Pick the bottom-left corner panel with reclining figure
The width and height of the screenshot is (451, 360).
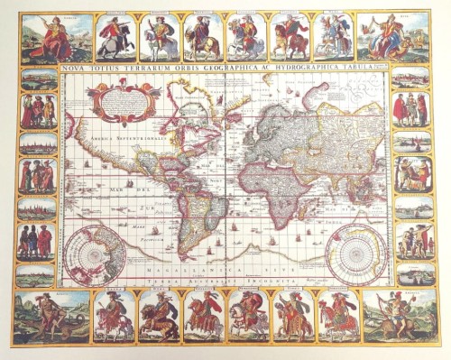[x=51, y=317]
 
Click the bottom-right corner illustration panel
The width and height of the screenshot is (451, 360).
[x=397, y=316]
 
